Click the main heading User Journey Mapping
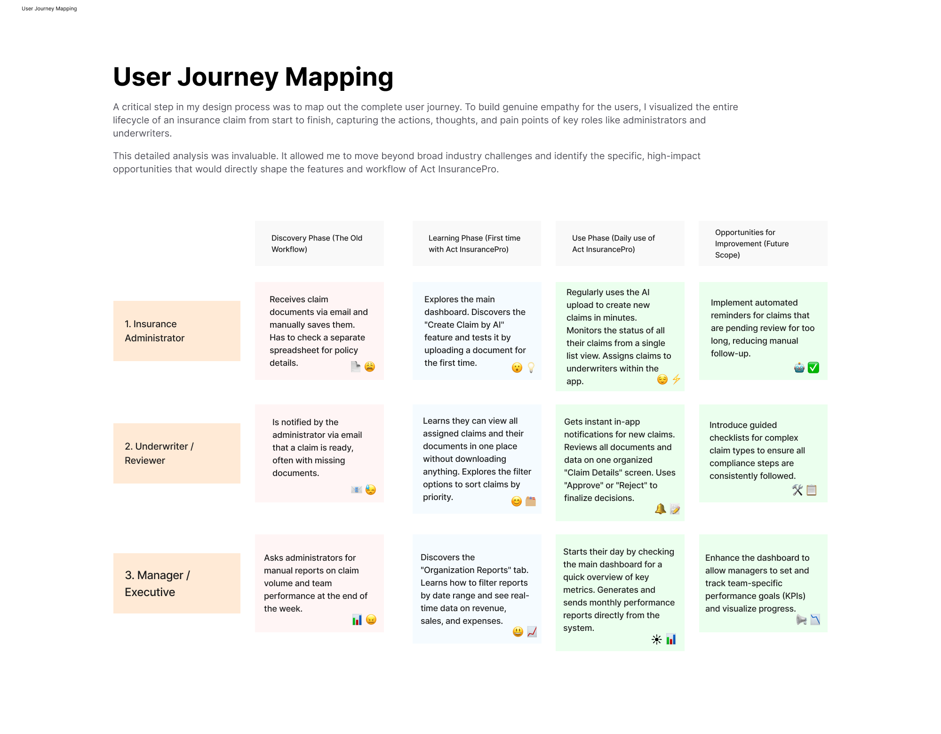(253, 77)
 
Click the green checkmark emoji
(813, 368)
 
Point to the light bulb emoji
(531, 368)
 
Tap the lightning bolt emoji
(676, 379)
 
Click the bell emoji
(661, 509)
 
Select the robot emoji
(799, 368)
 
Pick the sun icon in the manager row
(657, 639)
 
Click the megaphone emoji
(802, 620)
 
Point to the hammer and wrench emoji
(797, 490)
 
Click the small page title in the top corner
(49, 8)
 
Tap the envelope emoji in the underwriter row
(357, 490)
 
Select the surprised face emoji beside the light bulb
(517, 368)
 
